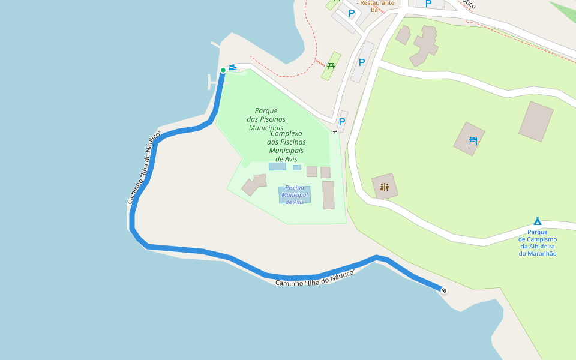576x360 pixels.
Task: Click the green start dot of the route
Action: coord(223,70)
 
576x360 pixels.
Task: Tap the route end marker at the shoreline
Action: coord(444,291)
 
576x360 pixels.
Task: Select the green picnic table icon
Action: coord(331,65)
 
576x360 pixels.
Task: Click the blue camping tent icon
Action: coord(538,221)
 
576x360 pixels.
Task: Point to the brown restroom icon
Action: coord(385,187)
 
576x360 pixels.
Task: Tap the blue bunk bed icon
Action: coord(473,140)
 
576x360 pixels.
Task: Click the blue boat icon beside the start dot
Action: coord(232,67)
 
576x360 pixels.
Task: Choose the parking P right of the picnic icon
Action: coord(362,62)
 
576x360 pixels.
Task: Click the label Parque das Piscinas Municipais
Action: coord(265,119)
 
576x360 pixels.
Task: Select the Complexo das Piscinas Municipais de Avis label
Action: coord(287,146)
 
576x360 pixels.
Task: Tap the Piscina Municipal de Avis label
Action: coord(295,195)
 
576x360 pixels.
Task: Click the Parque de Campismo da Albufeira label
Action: coord(538,242)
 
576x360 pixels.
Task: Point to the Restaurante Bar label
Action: coord(376,5)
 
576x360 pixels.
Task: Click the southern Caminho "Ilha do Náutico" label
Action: coord(316,278)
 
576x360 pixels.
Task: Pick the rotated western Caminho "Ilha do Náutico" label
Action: coord(145,167)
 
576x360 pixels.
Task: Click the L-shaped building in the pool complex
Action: coord(254,185)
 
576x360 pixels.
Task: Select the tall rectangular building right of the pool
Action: coord(328,195)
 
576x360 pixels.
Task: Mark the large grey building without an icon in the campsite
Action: coord(536,121)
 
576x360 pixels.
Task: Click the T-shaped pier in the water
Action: coord(211,82)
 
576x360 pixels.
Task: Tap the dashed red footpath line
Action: coord(282,74)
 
